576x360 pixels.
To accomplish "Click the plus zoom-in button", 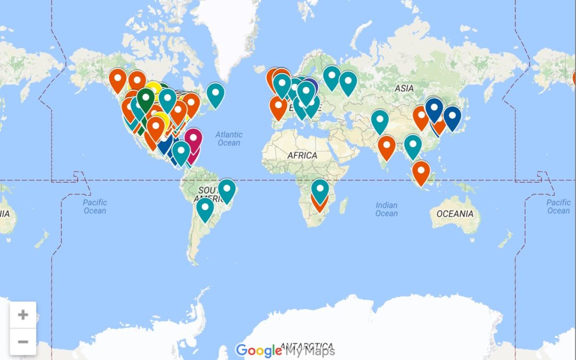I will pyautogui.click(x=23, y=315).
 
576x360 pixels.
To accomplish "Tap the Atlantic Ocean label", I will pyautogui.click(x=229, y=139).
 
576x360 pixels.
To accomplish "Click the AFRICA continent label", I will pyautogui.click(x=302, y=155).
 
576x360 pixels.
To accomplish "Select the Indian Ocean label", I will pyautogui.click(x=386, y=209).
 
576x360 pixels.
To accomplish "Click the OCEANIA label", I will pyautogui.click(x=455, y=214).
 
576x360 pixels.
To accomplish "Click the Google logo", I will pyautogui.click(x=259, y=350).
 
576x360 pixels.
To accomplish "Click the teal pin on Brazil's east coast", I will pyautogui.click(x=227, y=189).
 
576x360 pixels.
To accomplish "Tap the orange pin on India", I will pyautogui.click(x=387, y=145).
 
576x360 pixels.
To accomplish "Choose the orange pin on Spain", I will pyautogui.click(x=278, y=106).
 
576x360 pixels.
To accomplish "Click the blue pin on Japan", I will pyautogui.click(x=452, y=116).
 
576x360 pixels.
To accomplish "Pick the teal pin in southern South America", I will pyautogui.click(x=205, y=207).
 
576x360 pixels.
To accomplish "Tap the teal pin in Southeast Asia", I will pyautogui.click(x=413, y=145).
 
